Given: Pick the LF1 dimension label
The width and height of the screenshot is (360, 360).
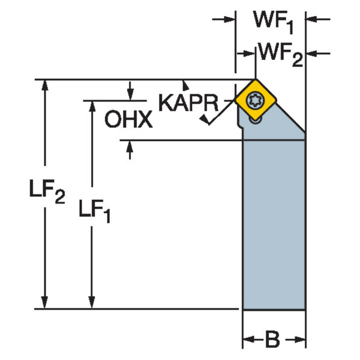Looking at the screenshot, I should [x=95, y=210].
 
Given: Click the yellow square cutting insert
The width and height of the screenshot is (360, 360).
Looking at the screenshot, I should [x=254, y=100].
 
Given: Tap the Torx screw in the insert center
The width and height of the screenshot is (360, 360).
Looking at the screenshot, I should [x=254, y=100].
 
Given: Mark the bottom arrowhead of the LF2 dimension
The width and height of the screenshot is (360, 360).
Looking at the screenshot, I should [x=44, y=304].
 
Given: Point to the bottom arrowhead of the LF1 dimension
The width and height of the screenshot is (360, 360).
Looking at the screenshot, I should [x=92, y=304].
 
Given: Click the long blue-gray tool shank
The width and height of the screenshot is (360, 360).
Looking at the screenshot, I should [x=274, y=228].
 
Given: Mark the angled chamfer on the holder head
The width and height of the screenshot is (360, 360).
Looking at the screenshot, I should [x=293, y=124].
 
